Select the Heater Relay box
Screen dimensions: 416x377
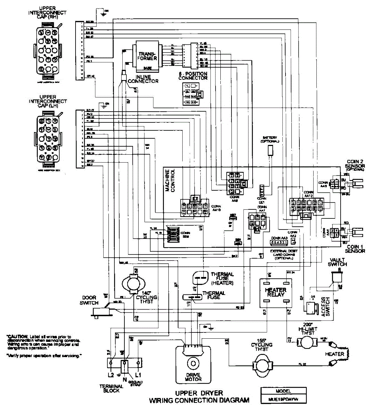[275, 293]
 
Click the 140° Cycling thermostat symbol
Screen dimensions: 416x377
[132, 283]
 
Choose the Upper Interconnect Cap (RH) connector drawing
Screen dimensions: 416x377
[48, 50]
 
